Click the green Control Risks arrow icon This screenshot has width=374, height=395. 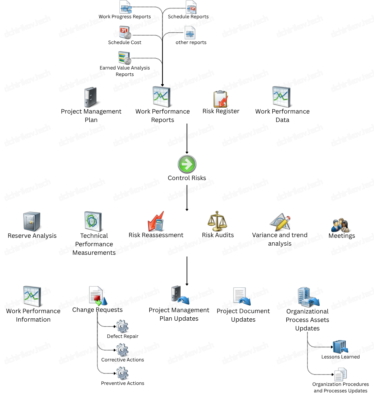[x=187, y=164]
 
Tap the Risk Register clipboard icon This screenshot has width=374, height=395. [x=221, y=99]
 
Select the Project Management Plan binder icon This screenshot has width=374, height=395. [x=91, y=97]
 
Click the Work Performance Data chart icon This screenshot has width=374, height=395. [x=282, y=97]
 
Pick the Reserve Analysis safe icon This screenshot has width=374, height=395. [x=32, y=222]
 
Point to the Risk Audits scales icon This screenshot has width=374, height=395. [x=217, y=221]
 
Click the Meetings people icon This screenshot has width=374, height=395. [x=340, y=225]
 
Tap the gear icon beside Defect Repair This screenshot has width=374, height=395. [x=122, y=327]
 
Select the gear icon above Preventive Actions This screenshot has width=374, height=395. [x=122, y=373]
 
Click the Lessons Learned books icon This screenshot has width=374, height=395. [x=340, y=347]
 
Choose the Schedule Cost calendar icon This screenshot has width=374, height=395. [x=125, y=33]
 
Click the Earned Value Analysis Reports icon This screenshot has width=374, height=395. [x=125, y=58]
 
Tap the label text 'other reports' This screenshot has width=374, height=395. [x=191, y=42]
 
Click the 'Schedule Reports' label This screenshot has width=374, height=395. [x=188, y=17]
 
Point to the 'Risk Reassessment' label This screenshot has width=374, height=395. [x=156, y=235]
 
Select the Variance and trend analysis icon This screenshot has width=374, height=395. [x=280, y=222]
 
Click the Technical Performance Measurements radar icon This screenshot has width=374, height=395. [x=93, y=221]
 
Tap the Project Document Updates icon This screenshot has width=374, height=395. [x=242, y=296]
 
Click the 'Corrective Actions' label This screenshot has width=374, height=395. [x=123, y=360]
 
